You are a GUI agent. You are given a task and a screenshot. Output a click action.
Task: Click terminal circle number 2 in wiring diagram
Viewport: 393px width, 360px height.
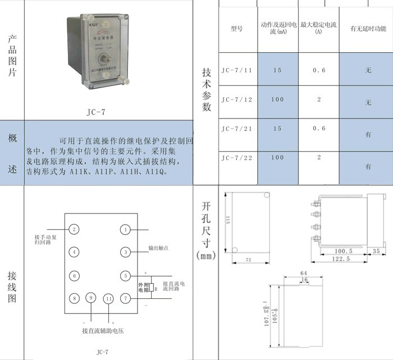74,229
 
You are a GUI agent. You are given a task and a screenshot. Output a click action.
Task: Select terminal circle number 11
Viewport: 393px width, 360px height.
109,298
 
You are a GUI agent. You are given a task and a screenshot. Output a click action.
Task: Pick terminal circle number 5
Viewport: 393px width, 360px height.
126,276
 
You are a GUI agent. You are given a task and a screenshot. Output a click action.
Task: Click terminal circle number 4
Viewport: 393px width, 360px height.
74,252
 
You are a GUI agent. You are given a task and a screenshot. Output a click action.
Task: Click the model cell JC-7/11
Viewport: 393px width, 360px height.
236,71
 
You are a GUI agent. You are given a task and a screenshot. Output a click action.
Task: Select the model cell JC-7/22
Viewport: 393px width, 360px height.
236,158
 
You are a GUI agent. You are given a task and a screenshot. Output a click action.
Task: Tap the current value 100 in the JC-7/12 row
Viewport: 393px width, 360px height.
277,99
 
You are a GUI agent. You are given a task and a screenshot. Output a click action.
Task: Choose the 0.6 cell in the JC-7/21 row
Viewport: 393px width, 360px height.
318,128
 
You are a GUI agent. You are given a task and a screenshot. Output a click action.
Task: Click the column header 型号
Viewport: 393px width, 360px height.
236,29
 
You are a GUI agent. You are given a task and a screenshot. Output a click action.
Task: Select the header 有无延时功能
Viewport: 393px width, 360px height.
368,29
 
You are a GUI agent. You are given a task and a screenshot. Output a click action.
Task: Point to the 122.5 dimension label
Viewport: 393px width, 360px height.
341,259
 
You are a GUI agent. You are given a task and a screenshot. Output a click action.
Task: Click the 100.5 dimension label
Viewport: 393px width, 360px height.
343,250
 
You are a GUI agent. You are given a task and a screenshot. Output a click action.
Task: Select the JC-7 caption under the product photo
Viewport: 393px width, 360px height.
97,111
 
